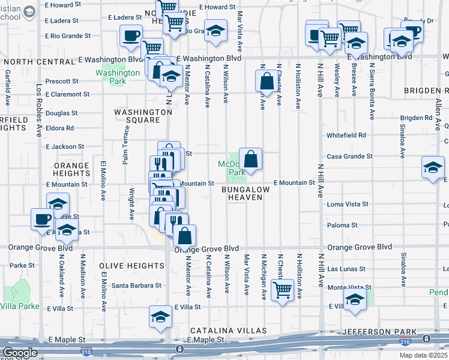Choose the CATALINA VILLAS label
click(x=229, y=331)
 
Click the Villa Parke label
click(x=20, y=306)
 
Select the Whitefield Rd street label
click(x=346, y=136)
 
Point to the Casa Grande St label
click(x=349, y=156)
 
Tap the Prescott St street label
click(x=62, y=81)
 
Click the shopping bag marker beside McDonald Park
click(x=251, y=160)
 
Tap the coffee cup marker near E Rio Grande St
click(x=131, y=36)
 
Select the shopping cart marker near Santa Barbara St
click(x=282, y=290)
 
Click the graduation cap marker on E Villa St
click(x=160, y=316)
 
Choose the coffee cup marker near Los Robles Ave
click(x=42, y=219)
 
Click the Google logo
click(x=20, y=353)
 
